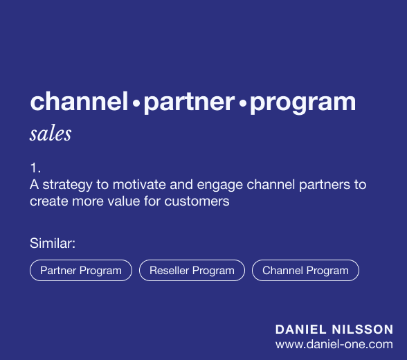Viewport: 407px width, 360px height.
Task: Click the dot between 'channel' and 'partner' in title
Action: [136, 105]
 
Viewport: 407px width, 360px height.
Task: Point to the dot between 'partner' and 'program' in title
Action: [242, 105]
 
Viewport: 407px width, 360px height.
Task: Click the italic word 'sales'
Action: [51, 134]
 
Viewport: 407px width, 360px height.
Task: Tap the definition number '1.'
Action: [35, 168]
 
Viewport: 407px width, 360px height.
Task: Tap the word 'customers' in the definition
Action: [203, 202]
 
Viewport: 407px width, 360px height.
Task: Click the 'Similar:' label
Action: [53, 243]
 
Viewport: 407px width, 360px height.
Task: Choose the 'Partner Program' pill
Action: [81, 271]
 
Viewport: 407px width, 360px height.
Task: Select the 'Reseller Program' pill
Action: [192, 271]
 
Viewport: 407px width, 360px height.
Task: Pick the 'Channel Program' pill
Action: [305, 271]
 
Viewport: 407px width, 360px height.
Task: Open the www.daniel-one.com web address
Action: [334, 344]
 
